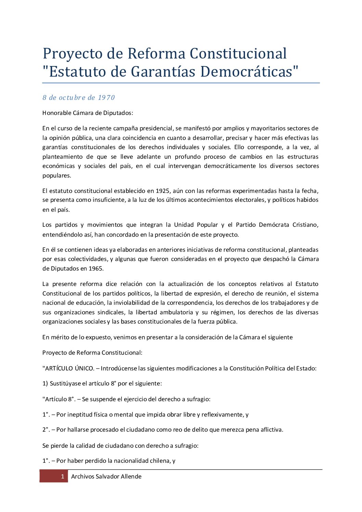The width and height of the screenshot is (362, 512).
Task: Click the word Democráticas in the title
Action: point(249,71)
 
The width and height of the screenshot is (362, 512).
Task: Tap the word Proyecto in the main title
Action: point(73,54)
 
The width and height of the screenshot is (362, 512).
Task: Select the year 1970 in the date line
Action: point(106,97)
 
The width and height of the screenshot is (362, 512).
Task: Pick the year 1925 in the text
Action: point(163,191)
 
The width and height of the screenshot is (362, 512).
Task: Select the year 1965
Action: point(96,268)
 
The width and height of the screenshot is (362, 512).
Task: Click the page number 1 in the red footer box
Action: point(62,476)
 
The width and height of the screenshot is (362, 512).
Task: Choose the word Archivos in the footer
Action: point(82,476)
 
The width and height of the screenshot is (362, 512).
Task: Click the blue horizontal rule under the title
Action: point(181,83)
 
